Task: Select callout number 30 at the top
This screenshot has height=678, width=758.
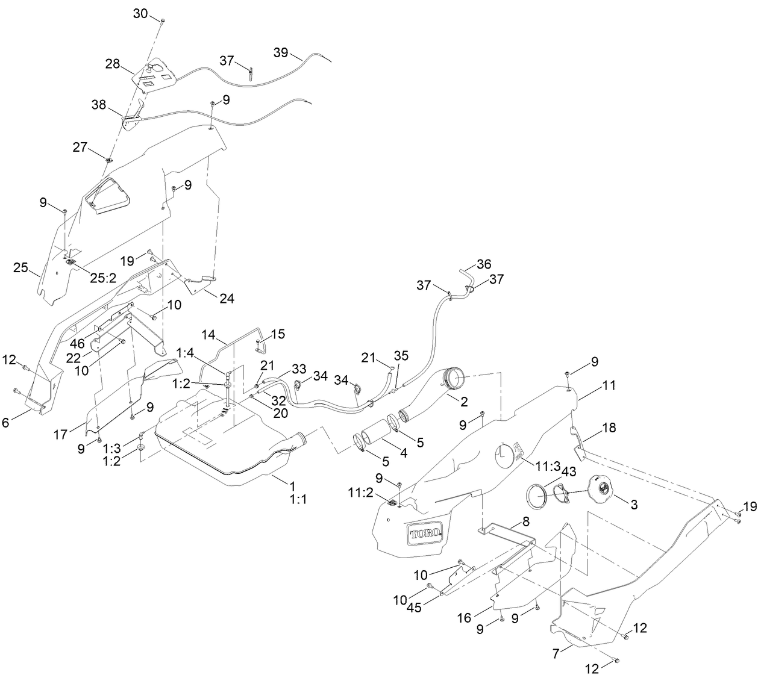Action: (140, 14)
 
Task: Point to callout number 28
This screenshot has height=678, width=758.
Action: (113, 64)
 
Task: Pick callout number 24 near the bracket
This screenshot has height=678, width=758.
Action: (227, 298)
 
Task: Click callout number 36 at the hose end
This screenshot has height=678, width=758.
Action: (484, 264)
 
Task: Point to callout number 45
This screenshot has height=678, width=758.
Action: (430, 608)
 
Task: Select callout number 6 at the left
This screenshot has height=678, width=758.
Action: (6, 423)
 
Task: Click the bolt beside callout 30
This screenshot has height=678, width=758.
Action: (163, 21)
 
